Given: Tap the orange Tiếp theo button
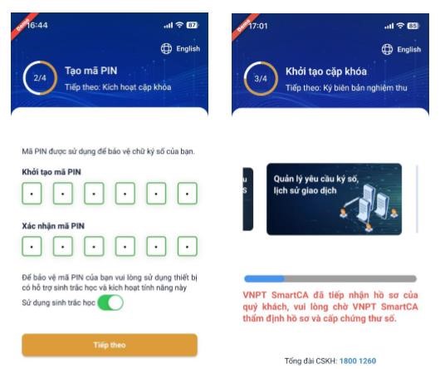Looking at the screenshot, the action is (x=110, y=345).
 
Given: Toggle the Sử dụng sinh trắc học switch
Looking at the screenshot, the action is (x=110, y=303).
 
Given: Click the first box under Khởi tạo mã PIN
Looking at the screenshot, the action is (x=32, y=193).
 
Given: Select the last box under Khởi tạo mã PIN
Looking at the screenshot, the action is (x=188, y=193).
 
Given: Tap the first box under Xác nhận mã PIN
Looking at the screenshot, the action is (x=32, y=246).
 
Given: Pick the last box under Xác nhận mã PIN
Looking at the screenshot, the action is (x=188, y=246).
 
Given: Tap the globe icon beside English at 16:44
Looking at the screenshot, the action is (x=166, y=48).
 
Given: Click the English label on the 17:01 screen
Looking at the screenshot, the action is (x=408, y=49).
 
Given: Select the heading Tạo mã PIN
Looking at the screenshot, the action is (x=91, y=71).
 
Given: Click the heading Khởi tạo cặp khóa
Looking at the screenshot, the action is (x=326, y=71).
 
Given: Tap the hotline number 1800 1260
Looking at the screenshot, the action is (x=358, y=361).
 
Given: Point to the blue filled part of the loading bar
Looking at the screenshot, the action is (x=264, y=278).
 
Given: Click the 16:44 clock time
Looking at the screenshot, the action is (x=37, y=25).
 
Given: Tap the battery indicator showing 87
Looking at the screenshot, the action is (x=193, y=25).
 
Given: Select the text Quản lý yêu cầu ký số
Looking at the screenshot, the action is (x=316, y=179).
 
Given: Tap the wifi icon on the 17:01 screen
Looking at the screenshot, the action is (x=400, y=26).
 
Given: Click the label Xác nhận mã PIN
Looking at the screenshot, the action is (x=53, y=226).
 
